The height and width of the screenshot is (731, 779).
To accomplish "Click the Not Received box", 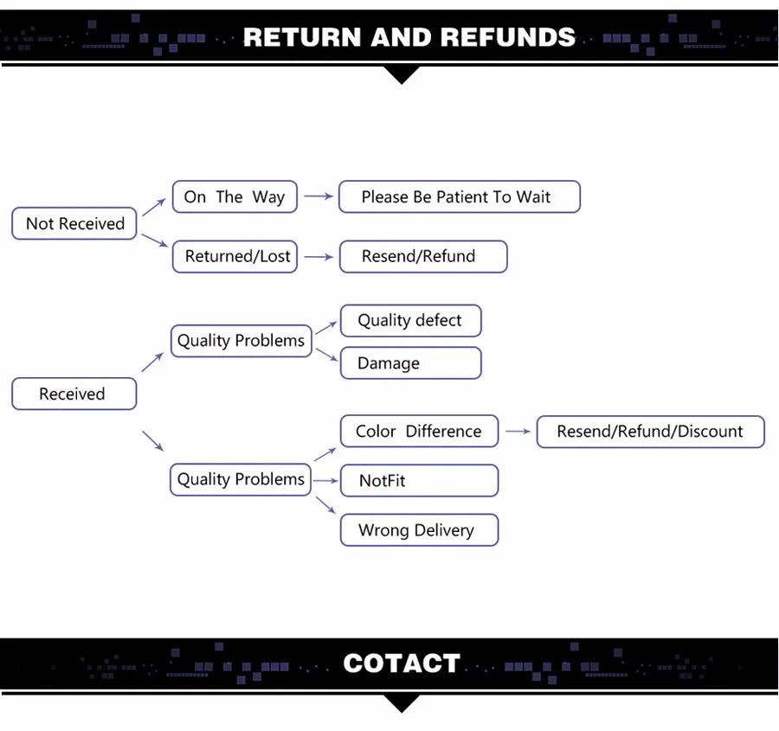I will point(74,223).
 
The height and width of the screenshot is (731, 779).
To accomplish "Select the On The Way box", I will point(235,197).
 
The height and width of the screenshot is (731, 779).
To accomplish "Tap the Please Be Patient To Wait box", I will point(459,197).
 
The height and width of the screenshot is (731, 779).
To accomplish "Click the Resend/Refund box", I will point(422,257).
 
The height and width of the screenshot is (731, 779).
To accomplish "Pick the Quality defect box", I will point(409,321).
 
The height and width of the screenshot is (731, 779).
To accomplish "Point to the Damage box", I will point(409,363).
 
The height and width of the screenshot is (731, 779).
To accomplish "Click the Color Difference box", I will point(419,431).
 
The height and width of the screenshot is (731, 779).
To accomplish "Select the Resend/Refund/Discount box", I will point(650,431).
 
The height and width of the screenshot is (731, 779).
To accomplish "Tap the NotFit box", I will point(419,480).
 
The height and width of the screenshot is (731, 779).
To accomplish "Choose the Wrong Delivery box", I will point(419,530).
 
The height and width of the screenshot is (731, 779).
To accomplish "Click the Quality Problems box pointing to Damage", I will point(241,341).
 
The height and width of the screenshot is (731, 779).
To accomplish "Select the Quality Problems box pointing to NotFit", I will point(241,479).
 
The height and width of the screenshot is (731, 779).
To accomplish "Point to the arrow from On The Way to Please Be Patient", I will point(318,197).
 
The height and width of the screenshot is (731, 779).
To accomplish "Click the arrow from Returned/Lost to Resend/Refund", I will point(318,257).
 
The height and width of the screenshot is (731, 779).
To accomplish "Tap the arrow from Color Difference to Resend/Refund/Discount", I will point(517,431).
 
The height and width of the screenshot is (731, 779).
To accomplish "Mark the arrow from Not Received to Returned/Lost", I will point(154,240).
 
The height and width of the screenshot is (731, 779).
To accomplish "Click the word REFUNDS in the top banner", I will point(507,37).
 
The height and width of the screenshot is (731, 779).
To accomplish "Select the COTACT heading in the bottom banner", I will point(401,664).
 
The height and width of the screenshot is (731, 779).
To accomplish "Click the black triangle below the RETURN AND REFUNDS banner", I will point(401,75).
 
